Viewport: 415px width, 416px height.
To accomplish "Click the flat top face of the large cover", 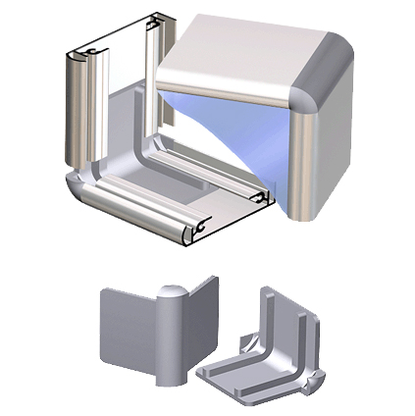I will (245, 59).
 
